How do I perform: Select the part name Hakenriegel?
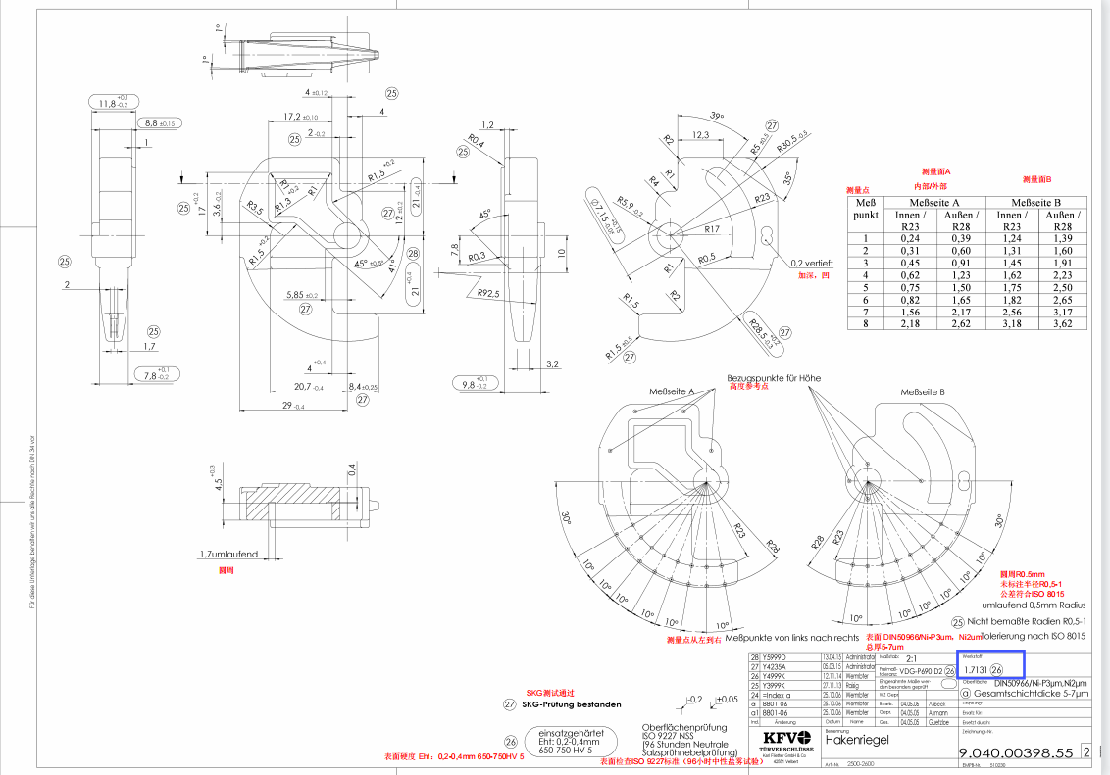pos(858,740)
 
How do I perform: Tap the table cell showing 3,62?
pos(1064,322)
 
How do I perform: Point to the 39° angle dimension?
pos(716,116)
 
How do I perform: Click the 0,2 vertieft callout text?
pos(812,264)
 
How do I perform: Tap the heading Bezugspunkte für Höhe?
pos(774,377)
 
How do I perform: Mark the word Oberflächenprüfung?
pos(683,727)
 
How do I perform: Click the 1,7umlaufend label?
pos(228,554)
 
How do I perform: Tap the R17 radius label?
pos(712,228)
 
